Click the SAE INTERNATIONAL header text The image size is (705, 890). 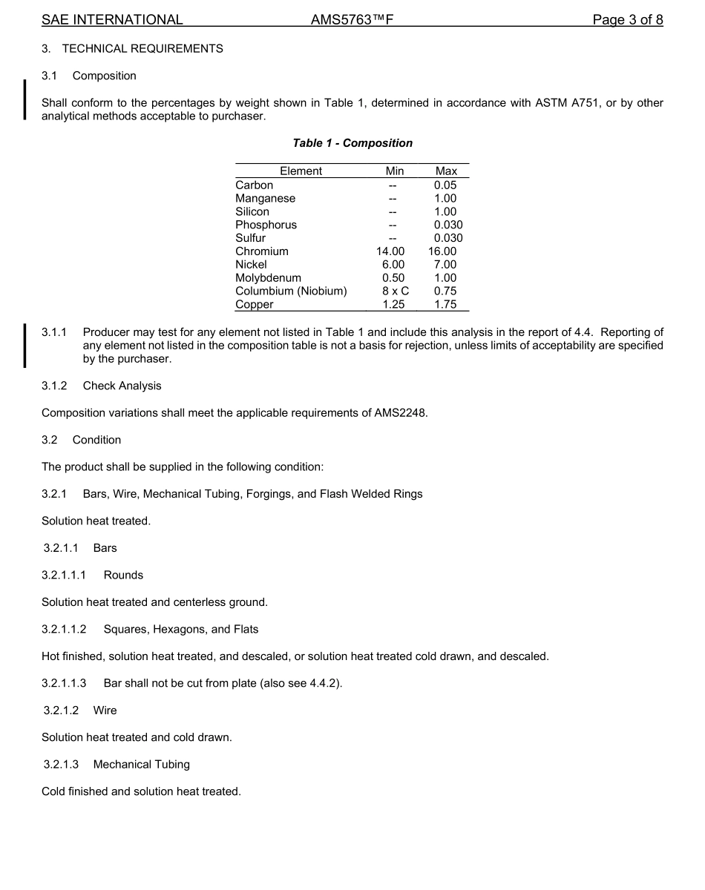tap(112, 20)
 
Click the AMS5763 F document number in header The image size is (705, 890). tap(352, 20)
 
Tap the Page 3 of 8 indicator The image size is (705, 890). tap(627, 20)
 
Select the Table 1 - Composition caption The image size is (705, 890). tap(352, 143)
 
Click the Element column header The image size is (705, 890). tap(301, 171)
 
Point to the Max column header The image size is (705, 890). tap(446, 171)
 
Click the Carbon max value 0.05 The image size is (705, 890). tap(445, 185)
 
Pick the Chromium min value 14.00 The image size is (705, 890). tap(390, 251)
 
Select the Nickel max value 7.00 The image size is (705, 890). tap(445, 265)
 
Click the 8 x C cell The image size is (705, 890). tap(390, 291)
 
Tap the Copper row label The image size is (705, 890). tap(255, 305)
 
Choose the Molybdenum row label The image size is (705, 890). tap(268, 278)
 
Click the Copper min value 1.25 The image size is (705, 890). tap(393, 305)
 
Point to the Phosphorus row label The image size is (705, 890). tap(266, 225)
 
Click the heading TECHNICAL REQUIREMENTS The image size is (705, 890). tap(142, 49)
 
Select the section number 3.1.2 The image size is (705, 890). tap(54, 386)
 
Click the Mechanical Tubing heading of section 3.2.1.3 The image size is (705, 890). tap(141, 765)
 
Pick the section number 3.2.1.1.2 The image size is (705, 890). tap(64, 630)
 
